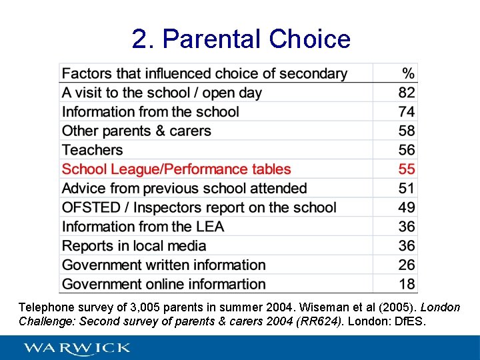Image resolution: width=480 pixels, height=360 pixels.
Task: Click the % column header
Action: pyautogui.click(x=407, y=73)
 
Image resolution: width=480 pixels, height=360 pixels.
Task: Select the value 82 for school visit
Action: pyautogui.click(x=406, y=93)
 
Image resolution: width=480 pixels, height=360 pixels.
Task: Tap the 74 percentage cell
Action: pyautogui.click(x=406, y=112)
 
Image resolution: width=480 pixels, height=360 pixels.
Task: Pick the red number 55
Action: pyautogui.click(x=406, y=169)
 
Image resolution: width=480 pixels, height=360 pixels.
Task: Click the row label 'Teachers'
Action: pyautogui.click(x=93, y=150)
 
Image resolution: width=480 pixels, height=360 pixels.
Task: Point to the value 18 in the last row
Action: pyautogui.click(x=406, y=284)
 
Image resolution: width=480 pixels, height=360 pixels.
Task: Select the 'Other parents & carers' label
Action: pyautogui.click(x=136, y=131)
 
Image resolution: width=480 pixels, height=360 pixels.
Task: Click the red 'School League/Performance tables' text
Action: pyautogui.click(x=176, y=169)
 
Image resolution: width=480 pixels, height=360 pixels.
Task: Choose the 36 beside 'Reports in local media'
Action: pyautogui.click(x=406, y=246)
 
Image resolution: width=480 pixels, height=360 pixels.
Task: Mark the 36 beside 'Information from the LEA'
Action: pyautogui.click(x=406, y=227)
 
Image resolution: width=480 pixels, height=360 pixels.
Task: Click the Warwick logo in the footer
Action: pyautogui.click(x=77, y=347)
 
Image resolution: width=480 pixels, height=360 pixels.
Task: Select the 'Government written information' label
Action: pyautogui.click(x=163, y=265)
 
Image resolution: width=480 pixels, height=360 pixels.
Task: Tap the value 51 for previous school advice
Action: pyautogui.click(x=406, y=189)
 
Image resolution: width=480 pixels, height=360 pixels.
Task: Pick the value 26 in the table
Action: pyautogui.click(x=406, y=265)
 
